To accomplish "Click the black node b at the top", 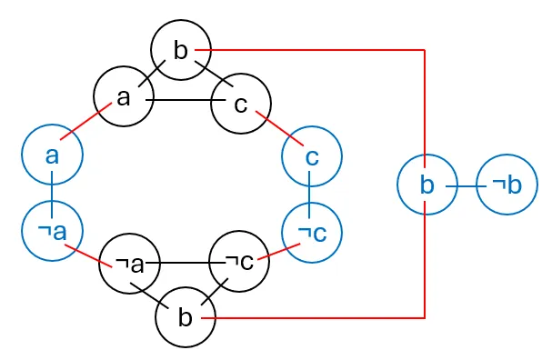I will tap(180, 50).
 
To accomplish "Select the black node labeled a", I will tap(125, 96).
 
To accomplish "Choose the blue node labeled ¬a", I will tap(53, 231).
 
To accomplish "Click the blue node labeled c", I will tap(312, 156).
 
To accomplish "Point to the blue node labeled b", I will tap(427, 185).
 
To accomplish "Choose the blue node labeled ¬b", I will tap(507, 185).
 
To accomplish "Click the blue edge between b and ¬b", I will tap(467, 185).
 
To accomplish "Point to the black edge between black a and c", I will tap(183, 100).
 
